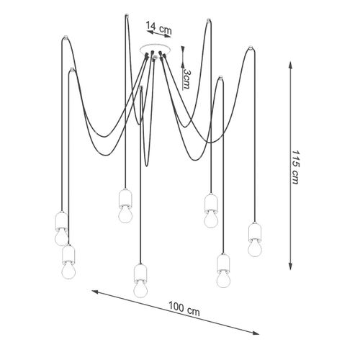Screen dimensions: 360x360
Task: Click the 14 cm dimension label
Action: [x=159, y=27]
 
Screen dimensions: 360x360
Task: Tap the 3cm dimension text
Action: [x=186, y=79]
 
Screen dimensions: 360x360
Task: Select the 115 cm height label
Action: [x=295, y=167]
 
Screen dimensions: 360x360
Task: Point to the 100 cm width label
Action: [x=184, y=309]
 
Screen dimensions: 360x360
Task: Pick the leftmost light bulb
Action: [x=61, y=237]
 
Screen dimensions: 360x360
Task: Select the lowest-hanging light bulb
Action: [x=140, y=289]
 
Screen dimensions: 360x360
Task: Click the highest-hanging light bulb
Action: [x=125, y=214]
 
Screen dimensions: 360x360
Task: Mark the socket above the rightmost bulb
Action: [x=255, y=231]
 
